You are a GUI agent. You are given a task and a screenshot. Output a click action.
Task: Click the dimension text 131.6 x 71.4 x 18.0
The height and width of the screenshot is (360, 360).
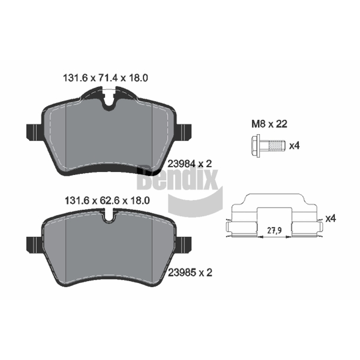105,78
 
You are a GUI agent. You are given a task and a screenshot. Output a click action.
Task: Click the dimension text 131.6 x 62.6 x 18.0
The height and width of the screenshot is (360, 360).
107,201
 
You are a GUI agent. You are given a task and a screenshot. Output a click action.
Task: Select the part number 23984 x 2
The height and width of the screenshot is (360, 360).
190,164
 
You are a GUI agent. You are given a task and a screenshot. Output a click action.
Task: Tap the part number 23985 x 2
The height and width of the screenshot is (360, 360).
190,273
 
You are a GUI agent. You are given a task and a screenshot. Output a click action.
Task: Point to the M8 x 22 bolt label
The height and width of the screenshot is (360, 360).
269,124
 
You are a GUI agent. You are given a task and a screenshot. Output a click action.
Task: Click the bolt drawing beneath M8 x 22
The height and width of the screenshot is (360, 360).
268,146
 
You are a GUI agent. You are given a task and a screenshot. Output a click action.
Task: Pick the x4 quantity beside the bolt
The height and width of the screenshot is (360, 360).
294,145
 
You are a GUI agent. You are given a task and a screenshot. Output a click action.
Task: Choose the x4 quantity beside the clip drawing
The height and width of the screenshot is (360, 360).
331,218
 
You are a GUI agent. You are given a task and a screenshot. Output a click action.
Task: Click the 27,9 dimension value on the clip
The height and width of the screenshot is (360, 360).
274,230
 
